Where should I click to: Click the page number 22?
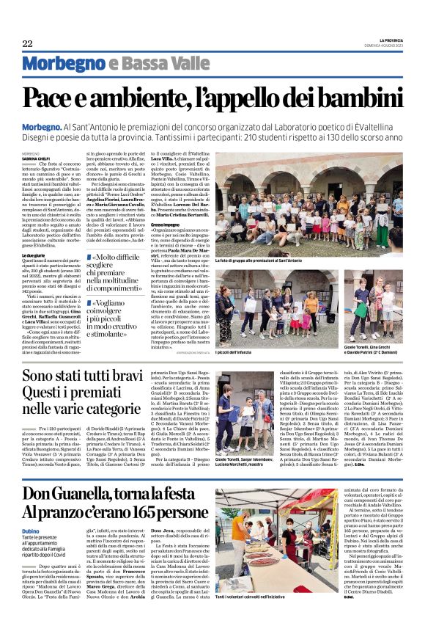28,44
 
